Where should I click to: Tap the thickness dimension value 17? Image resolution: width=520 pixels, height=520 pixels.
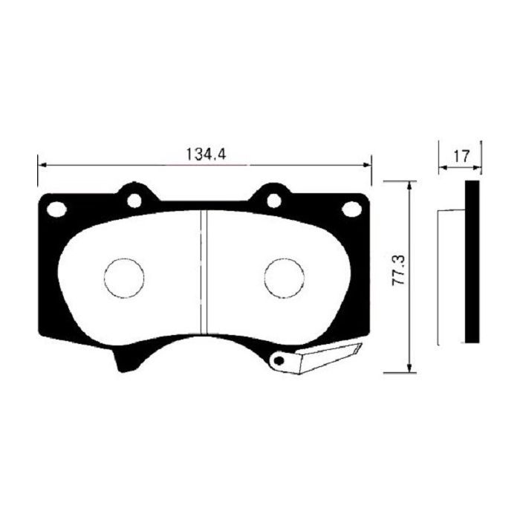(x=461, y=156)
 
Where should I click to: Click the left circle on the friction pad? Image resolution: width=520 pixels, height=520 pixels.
(x=123, y=278)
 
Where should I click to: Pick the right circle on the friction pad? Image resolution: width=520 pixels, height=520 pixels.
(x=285, y=278)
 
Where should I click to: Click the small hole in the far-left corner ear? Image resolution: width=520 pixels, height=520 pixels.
(x=56, y=210)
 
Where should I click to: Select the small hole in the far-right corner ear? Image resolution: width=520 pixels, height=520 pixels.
(x=349, y=210)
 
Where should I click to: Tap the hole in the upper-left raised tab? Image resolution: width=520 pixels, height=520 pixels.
(x=134, y=200)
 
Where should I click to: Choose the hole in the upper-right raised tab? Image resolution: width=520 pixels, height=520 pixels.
(x=273, y=200)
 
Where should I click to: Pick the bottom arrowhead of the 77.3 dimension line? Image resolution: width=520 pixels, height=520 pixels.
(x=408, y=368)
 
